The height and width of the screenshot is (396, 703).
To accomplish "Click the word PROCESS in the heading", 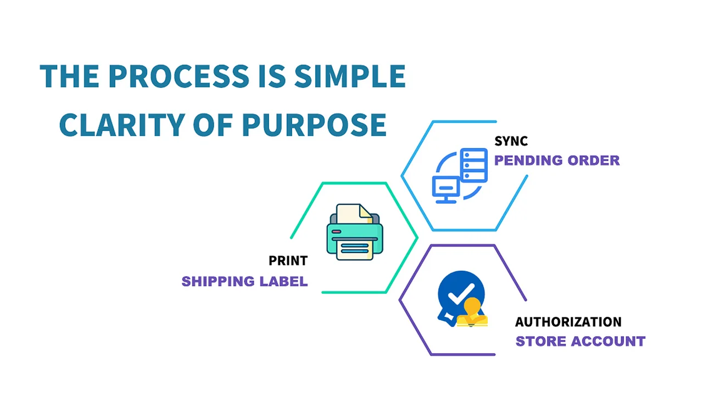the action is coord(179,76).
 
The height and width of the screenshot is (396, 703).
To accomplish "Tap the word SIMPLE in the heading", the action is coord(350,76).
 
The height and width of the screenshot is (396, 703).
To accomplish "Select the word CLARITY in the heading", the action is coord(122,125).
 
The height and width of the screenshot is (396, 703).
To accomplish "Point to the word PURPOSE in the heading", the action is coord(314,125).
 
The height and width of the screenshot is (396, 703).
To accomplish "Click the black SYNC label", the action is coord(511,141).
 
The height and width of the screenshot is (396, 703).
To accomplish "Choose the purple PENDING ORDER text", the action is coord(557,160).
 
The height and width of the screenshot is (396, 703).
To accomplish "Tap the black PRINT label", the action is coord(288,261).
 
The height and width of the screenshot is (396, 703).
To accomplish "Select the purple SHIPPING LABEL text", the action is coord(245,281).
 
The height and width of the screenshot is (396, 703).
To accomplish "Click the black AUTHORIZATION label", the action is coord(568,322).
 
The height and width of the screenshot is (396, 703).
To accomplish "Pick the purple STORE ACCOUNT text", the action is coord(581,342).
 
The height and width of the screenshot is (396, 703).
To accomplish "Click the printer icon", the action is coord(355,232).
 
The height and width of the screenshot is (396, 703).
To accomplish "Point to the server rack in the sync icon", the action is coord(474,166).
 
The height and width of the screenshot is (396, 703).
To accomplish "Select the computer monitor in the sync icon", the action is coord(446,190).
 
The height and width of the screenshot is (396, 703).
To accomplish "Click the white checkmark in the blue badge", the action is coord(461,294).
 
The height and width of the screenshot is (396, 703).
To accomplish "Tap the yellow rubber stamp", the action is coord(472,313).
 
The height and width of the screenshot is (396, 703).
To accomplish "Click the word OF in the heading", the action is coord(213,125).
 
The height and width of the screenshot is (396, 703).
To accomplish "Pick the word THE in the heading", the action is coord(70,76).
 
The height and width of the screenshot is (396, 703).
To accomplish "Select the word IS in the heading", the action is coord(272,76).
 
